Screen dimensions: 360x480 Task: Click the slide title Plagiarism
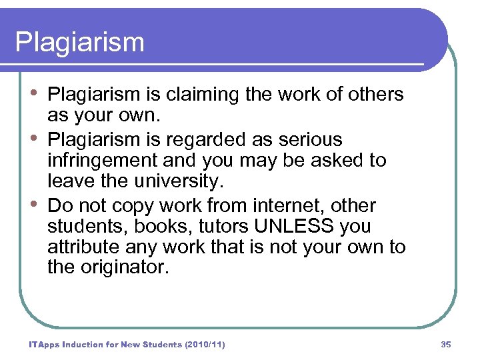(79, 42)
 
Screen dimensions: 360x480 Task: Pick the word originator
(126, 268)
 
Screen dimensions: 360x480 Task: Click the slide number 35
(446, 344)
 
